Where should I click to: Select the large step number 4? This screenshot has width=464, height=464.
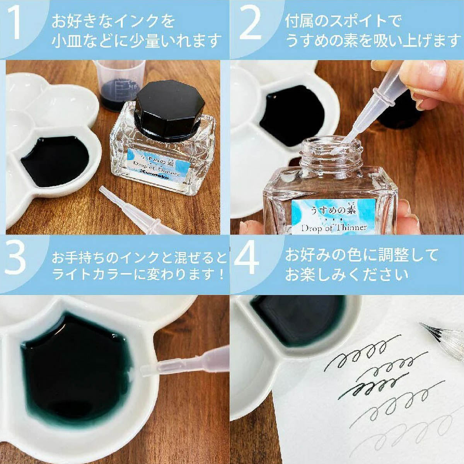(247, 260)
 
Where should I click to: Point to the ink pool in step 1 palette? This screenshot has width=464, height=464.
(54, 160)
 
